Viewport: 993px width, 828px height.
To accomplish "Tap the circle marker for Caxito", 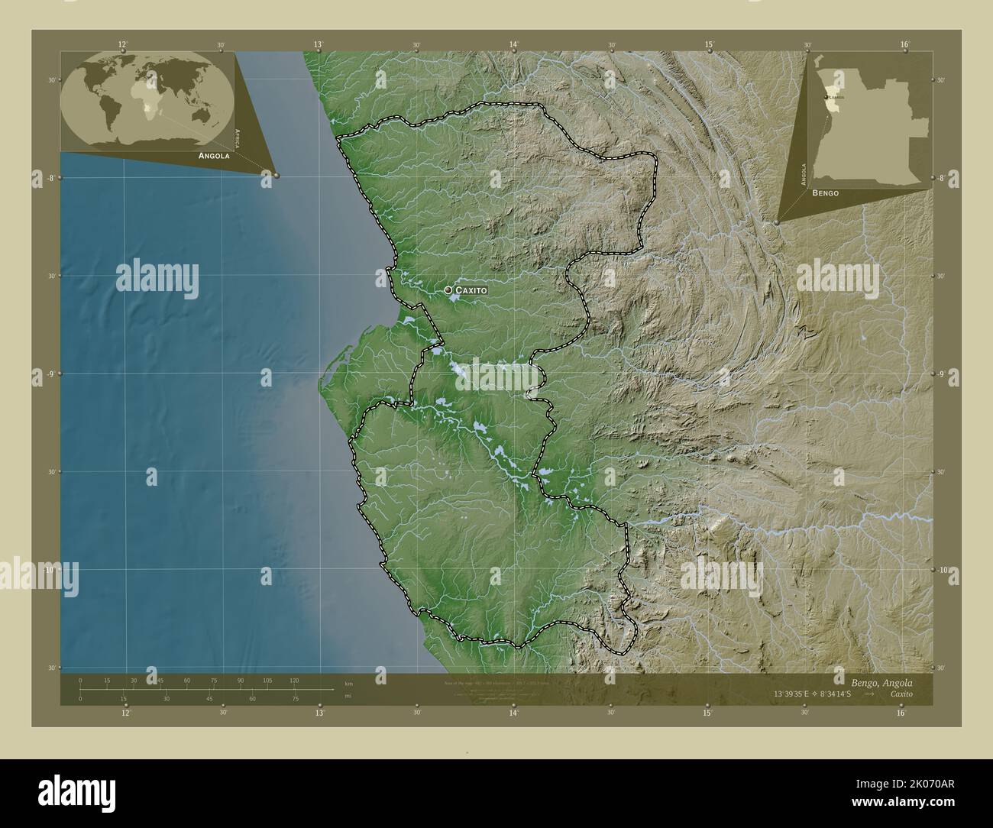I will [x=448, y=290].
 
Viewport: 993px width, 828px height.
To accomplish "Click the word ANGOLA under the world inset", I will [x=214, y=155].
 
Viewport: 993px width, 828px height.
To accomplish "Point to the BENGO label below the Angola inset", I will [x=825, y=193].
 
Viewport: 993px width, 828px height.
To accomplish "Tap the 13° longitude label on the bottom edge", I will [x=319, y=713].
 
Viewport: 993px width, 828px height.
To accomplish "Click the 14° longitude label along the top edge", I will [x=514, y=44].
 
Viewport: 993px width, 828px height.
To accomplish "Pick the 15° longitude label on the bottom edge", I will [x=708, y=713].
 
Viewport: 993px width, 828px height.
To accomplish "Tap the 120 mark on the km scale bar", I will [x=294, y=680].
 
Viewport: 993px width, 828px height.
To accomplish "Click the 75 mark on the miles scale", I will [x=294, y=698].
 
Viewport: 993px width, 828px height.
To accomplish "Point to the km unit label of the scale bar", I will [x=348, y=683].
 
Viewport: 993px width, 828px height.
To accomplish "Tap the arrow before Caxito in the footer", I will [x=868, y=693].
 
